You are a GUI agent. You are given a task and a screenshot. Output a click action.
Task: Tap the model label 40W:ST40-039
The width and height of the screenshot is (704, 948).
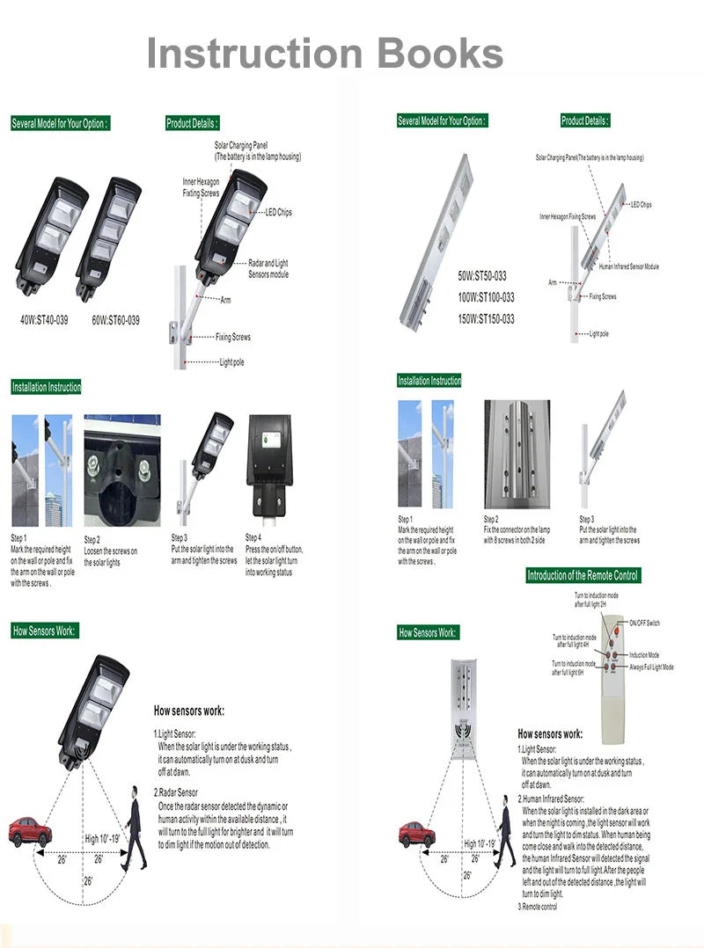(44, 320)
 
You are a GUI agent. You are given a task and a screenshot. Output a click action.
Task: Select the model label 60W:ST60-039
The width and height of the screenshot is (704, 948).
(115, 320)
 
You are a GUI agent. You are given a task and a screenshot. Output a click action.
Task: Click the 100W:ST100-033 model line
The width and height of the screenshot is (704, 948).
(486, 297)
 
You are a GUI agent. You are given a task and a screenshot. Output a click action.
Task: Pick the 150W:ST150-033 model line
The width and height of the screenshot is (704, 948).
(486, 318)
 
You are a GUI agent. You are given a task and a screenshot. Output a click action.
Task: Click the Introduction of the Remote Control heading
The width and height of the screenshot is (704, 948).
(583, 575)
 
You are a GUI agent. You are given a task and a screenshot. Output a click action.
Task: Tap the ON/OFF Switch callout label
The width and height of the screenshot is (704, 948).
(644, 623)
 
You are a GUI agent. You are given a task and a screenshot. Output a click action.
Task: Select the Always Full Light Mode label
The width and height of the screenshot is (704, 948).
(651, 667)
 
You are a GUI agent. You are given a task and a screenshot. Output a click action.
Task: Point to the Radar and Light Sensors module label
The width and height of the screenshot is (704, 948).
(268, 268)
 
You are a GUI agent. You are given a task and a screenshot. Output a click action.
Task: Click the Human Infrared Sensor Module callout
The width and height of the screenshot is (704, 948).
(628, 266)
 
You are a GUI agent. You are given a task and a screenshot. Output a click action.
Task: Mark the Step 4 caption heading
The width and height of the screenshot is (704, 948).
(253, 537)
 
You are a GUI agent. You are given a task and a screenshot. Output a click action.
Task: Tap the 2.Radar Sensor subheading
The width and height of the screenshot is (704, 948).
(176, 792)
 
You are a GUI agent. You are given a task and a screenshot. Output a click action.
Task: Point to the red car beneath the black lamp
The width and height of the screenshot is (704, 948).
(27, 830)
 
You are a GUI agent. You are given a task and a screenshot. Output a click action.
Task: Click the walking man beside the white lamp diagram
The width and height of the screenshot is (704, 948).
(504, 830)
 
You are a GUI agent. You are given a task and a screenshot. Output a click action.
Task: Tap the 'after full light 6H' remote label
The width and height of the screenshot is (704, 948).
(574, 673)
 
